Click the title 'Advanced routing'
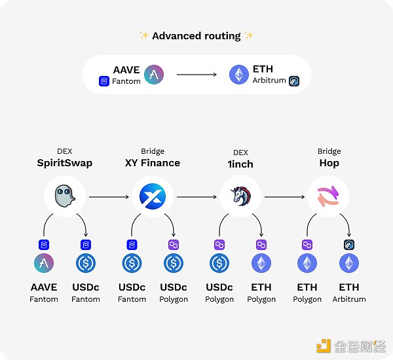click(x=196, y=36)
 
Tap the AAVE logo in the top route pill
click(x=154, y=75)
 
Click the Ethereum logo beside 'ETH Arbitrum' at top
click(x=239, y=75)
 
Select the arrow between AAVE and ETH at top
click(x=196, y=75)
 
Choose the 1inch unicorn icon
click(x=240, y=196)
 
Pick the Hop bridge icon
click(x=329, y=196)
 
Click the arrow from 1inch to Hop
click(x=284, y=196)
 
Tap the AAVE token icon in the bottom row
click(x=44, y=264)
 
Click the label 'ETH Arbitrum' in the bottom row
click(x=348, y=292)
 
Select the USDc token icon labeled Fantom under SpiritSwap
click(x=86, y=264)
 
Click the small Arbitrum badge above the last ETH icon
click(x=348, y=244)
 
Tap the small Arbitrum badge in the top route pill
click(x=294, y=81)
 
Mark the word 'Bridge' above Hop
click(x=329, y=151)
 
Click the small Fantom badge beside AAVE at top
click(x=103, y=81)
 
